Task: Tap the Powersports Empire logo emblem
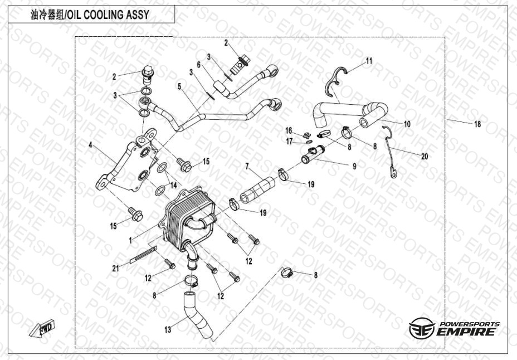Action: pos(422,328)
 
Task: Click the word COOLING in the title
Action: pos(102,15)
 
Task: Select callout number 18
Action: pos(477,124)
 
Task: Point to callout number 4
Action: pos(91,144)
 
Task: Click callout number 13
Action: pos(168,329)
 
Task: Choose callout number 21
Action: pos(115,269)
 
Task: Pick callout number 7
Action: pos(247,167)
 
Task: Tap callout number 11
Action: pos(369,61)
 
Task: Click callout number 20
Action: pos(425,156)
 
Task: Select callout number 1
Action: pos(130,241)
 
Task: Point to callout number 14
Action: pos(173,185)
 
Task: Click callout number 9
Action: pos(354,167)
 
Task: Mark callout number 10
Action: pos(407,124)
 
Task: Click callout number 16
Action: pos(289,131)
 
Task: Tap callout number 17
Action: pos(290,142)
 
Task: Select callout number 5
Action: pos(179,87)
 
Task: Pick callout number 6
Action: pos(199,65)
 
